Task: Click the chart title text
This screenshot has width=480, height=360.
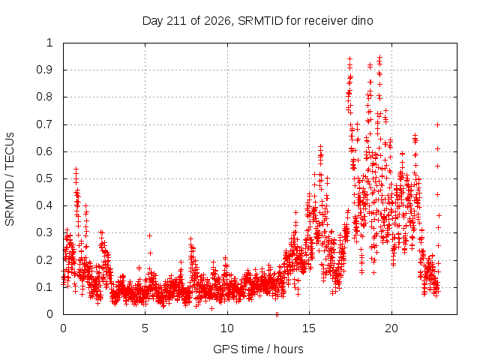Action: (257, 21)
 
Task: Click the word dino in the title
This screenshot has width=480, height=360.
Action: (362, 21)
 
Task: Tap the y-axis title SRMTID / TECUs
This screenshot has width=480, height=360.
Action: (10, 178)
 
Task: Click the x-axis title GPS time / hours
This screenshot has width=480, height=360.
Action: (258, 349)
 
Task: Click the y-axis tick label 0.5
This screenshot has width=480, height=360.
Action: (44, 178)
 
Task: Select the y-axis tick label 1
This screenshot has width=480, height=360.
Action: (50, 43)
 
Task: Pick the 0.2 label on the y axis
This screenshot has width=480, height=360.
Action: (44, 260)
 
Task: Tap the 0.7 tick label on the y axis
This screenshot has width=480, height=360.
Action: (44, 124)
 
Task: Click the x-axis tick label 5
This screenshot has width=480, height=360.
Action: (145, 328)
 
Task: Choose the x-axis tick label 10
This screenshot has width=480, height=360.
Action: (227, 328)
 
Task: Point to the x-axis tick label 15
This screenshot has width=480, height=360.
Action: (309, 328)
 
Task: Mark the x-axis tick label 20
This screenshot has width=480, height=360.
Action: (391, 328)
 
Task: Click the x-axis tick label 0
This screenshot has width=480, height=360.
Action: (63, 328)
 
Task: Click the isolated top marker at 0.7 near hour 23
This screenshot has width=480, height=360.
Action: (438, 125)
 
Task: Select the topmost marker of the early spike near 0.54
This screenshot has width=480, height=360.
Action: (76, 169)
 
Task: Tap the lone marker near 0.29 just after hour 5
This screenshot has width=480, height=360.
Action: (150, 235)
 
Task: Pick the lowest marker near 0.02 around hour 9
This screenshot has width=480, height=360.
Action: (211, 308)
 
